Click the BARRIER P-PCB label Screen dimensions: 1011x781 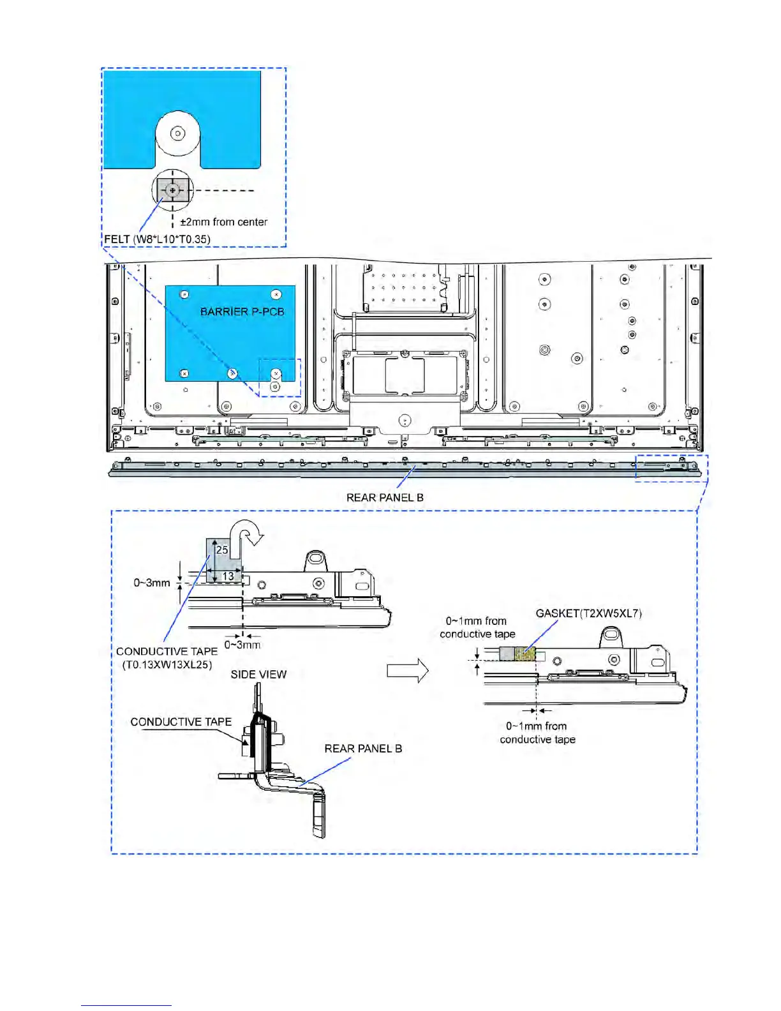(242, 311)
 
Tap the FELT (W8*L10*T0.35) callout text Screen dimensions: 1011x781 (157, 239)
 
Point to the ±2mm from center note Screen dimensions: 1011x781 (223, 222)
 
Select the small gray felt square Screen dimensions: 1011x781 (172, 190)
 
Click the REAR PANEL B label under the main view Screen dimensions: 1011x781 (385, 497)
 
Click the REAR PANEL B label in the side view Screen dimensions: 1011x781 (363, 748)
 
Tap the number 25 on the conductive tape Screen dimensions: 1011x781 (221, 550)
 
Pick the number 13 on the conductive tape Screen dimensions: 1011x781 (228, 576)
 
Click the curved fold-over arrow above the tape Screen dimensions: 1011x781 (249, 534)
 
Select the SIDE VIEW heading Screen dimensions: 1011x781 (258, 674)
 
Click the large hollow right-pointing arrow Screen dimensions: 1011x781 (408, 671)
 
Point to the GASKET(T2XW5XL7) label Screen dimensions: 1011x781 (588, 613)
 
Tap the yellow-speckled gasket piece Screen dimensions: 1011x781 (525, 654)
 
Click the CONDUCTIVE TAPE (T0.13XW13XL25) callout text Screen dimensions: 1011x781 (167, 658)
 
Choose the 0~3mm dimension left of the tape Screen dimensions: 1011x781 (152, 583)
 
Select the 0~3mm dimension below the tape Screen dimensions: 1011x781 (242, 645)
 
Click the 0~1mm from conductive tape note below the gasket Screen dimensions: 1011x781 (537, 733)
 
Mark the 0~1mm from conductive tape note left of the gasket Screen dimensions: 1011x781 (477, 627)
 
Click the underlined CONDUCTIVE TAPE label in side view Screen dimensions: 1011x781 (181, 722)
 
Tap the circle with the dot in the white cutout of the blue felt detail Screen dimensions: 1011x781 (178, 133)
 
